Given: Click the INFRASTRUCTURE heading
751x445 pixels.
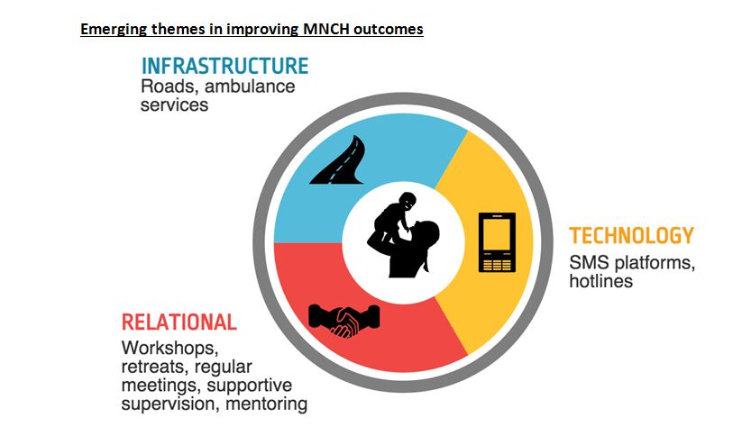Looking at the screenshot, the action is pos(225,66).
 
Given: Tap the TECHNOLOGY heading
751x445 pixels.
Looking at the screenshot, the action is pos(631,235).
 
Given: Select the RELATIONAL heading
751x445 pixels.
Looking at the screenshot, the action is pos(179,322).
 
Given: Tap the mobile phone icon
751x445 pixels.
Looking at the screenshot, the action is pos(497,242).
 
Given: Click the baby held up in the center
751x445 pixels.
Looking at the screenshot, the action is pos(393,218).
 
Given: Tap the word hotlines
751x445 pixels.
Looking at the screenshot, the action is pos(600,281).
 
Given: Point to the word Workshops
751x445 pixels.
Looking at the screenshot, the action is pos(169,349).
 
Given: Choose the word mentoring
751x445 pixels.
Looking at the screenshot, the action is pos(266,404).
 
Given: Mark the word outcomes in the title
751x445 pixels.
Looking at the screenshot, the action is pos(389,29).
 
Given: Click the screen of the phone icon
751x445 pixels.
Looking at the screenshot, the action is pos(497,234).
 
